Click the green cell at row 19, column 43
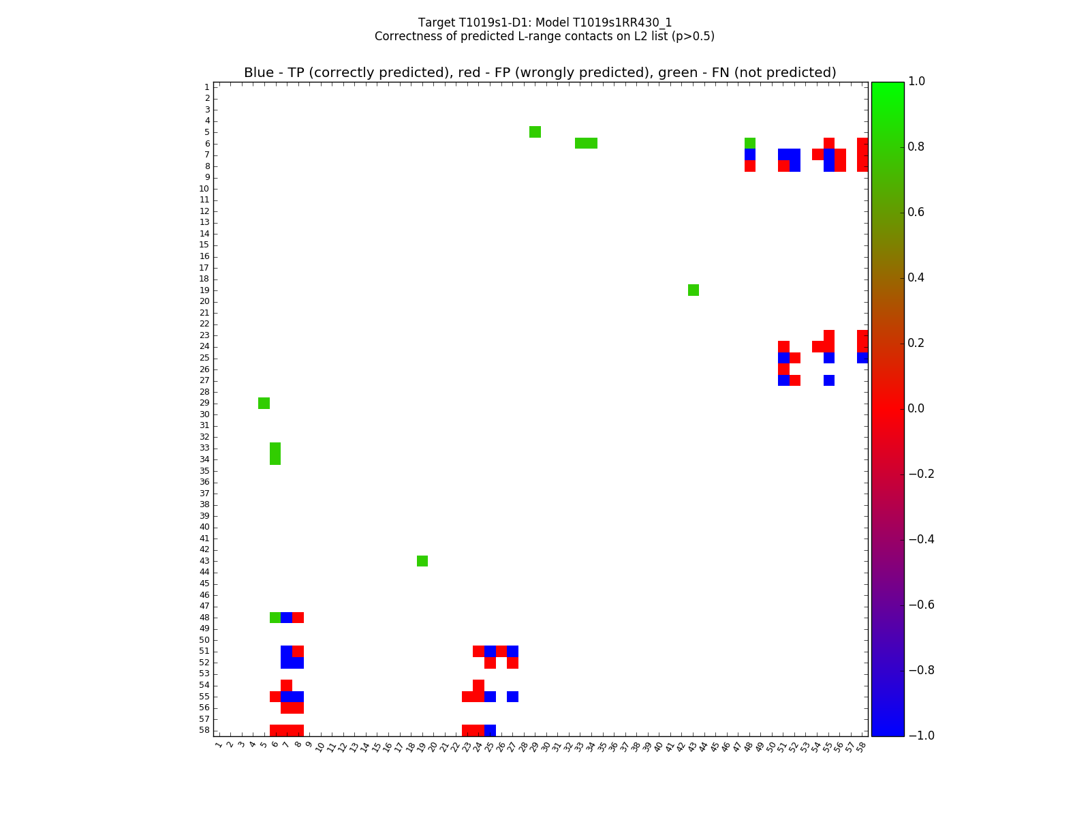[694, 290]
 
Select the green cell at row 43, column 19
[422, 561]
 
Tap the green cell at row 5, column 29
[535, 132]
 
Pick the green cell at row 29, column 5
[264, 403]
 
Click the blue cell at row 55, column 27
[512, 697]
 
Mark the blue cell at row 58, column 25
[490, 730]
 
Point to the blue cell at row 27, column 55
[829, 380]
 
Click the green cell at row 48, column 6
[275, 618]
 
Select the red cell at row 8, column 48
[750, 166]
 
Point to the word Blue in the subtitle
[259, 73]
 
